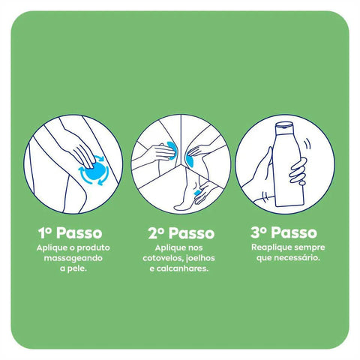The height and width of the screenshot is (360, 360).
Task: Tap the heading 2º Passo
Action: (x=179, y=233)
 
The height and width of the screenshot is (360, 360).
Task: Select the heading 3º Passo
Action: (x=285, y=233)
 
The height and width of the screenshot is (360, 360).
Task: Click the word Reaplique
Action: (x=268, y=247)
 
